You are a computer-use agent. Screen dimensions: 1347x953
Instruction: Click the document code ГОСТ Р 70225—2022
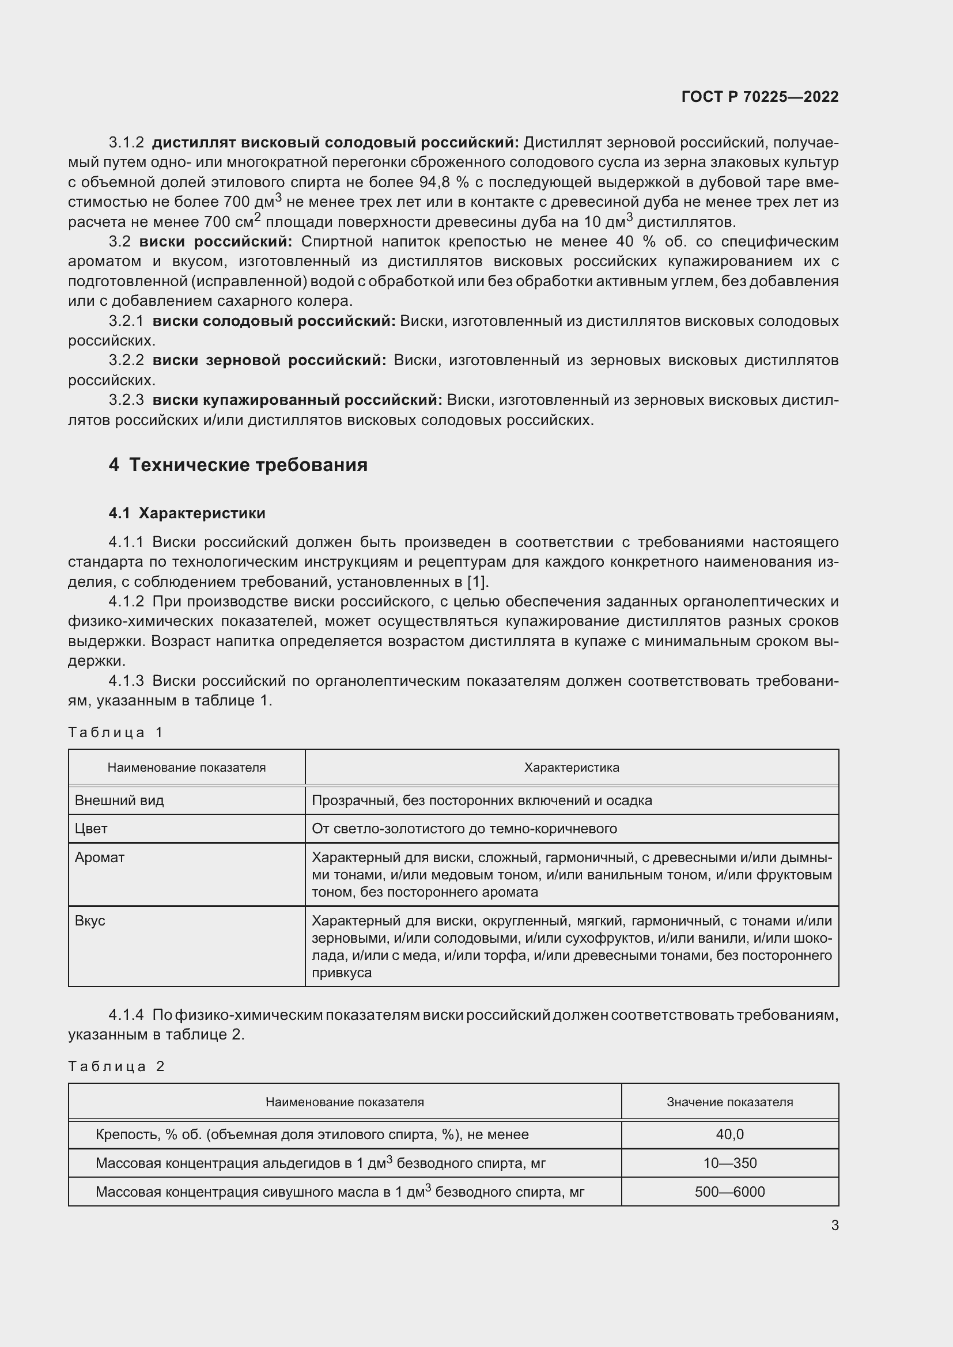point(760,97)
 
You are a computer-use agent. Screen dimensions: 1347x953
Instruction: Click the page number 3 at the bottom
point(834,1225)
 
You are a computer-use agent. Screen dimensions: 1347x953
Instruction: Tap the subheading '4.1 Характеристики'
point(187,513)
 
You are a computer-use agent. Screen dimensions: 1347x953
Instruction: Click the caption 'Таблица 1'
point(115,732)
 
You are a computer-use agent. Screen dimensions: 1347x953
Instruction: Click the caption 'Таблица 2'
point(116,1066)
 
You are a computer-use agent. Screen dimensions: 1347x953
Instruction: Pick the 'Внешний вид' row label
point(119,800)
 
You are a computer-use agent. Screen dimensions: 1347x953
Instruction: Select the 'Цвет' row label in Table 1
point(91,828)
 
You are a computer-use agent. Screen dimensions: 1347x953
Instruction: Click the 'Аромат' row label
point(100,857)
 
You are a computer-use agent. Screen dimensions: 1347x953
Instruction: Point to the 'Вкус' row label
point(90,920)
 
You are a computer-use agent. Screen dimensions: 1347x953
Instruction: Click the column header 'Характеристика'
point(571,767)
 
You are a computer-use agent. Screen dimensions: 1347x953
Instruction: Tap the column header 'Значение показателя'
point(729,1102)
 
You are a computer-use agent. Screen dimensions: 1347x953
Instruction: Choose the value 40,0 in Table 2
point(729,1134)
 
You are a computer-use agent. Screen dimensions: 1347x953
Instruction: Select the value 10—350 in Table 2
point(729,1163)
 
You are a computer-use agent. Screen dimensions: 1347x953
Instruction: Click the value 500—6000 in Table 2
point(729,1192)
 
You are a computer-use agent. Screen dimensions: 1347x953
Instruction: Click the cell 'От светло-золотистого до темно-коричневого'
point(464,828)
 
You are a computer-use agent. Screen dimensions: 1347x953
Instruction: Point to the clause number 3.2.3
point(126,400)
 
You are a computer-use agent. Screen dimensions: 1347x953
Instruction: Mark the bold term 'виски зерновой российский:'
point(269,360)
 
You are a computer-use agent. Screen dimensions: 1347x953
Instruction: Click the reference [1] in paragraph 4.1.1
point(476,582)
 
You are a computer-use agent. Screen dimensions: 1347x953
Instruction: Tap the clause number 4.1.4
point(126,1014)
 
